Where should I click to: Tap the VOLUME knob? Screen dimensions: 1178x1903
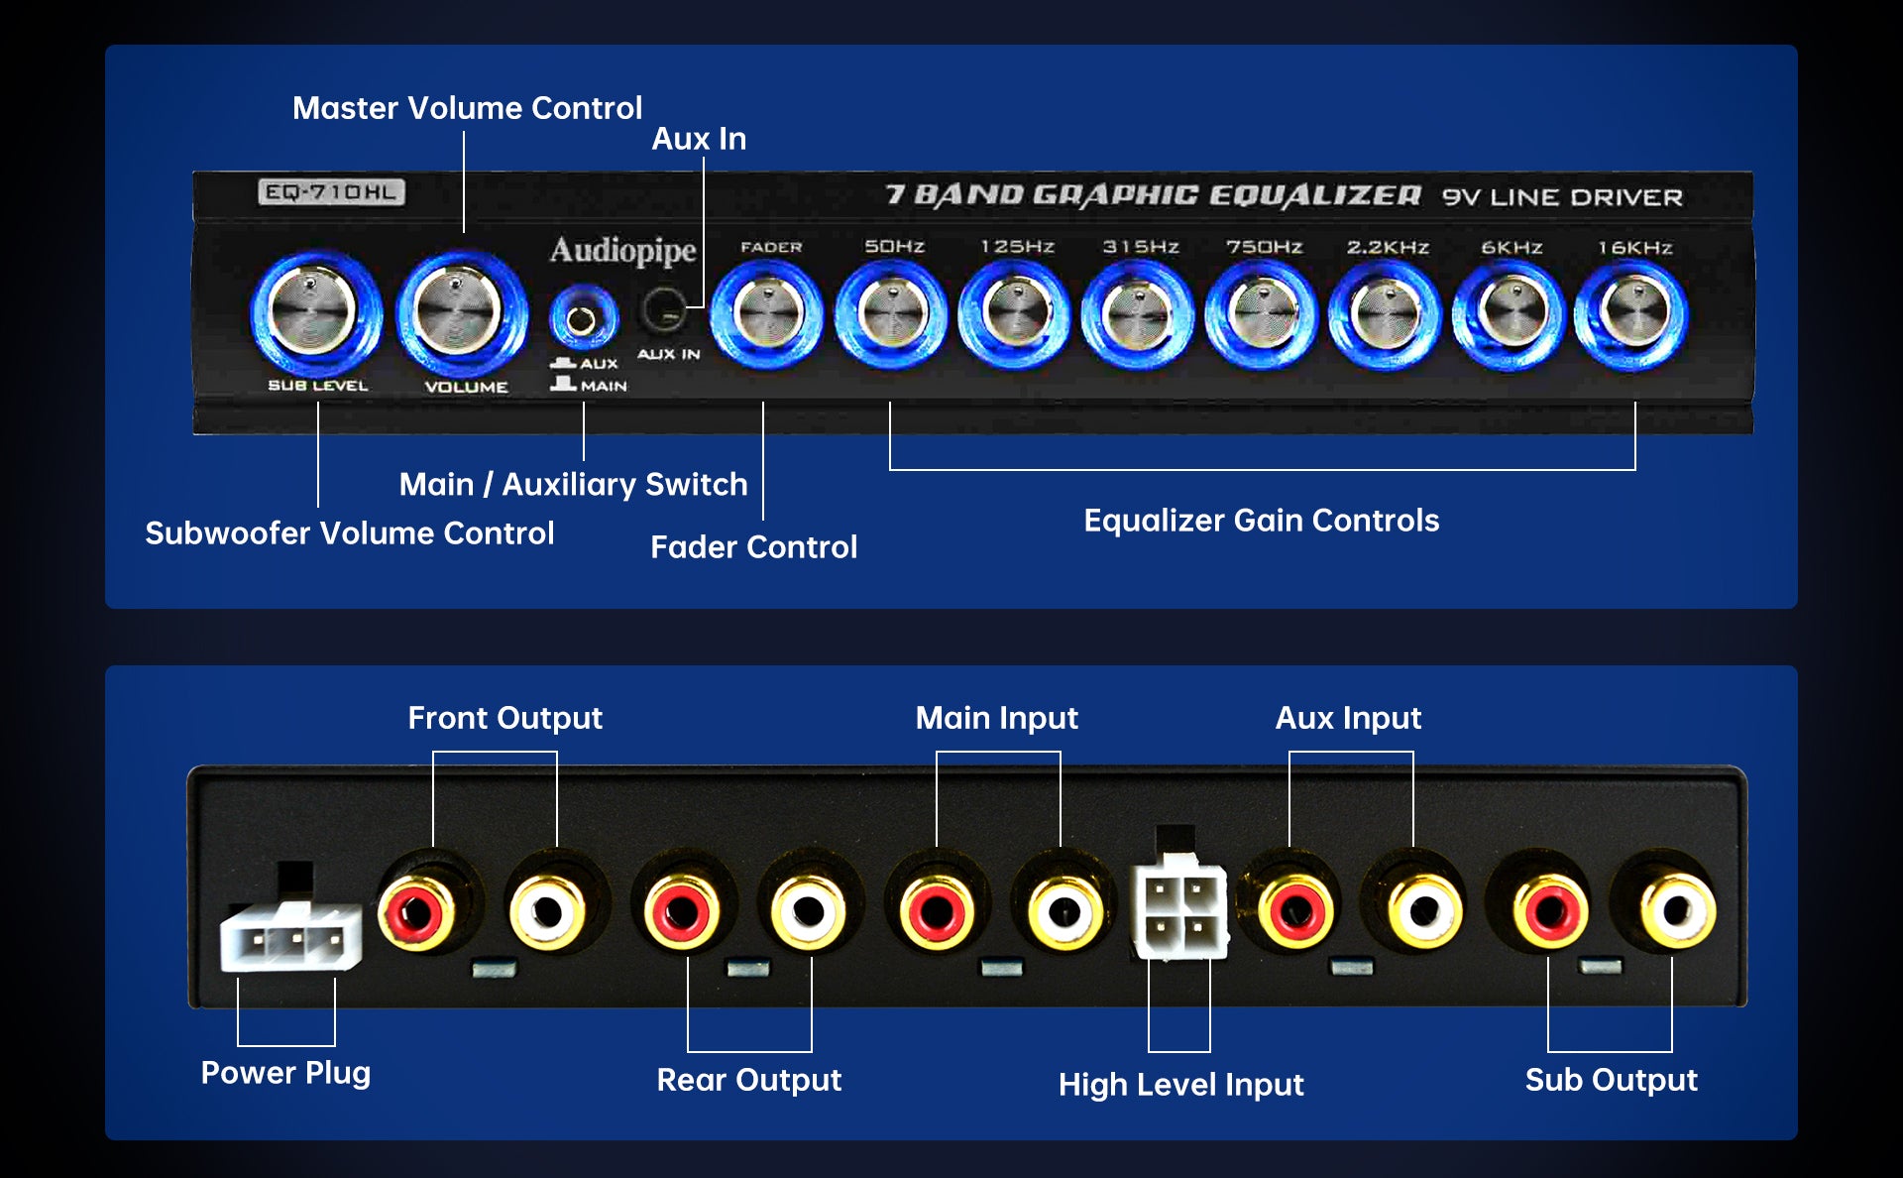(x=460, y=311)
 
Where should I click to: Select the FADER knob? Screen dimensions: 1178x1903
(x=767, y=313)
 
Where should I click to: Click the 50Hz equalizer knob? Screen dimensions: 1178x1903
(x=890, y=313)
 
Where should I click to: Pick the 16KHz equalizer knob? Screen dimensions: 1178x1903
(x=1631, y=313)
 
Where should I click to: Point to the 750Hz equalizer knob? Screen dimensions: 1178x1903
(x=1261, y=313)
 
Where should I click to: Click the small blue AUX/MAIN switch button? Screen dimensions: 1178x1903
(x=582, y=319)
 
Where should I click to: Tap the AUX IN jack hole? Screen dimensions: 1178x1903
(x=663, y=309)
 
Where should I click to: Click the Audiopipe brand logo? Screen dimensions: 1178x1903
(x=622, y=250)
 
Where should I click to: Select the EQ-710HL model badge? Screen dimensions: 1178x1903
(x=331, y=192)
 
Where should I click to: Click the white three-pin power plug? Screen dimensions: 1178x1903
(x=289, y=938)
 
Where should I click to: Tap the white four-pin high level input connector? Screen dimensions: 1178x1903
(x=1179, y=910)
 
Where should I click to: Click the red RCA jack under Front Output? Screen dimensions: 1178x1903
(x=417, y=910)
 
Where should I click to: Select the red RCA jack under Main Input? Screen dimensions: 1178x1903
(x=936, y=910)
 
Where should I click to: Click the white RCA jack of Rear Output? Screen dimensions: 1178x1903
(x=808, y=910)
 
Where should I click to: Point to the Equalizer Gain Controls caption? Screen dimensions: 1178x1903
(x=1261, y=521)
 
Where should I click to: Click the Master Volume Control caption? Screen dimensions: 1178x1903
(x=467, y=108)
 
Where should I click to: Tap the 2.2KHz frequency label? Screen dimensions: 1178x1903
(x=1387, y=247)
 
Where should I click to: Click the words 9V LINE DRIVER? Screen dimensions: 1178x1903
(x=1562, y=197)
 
